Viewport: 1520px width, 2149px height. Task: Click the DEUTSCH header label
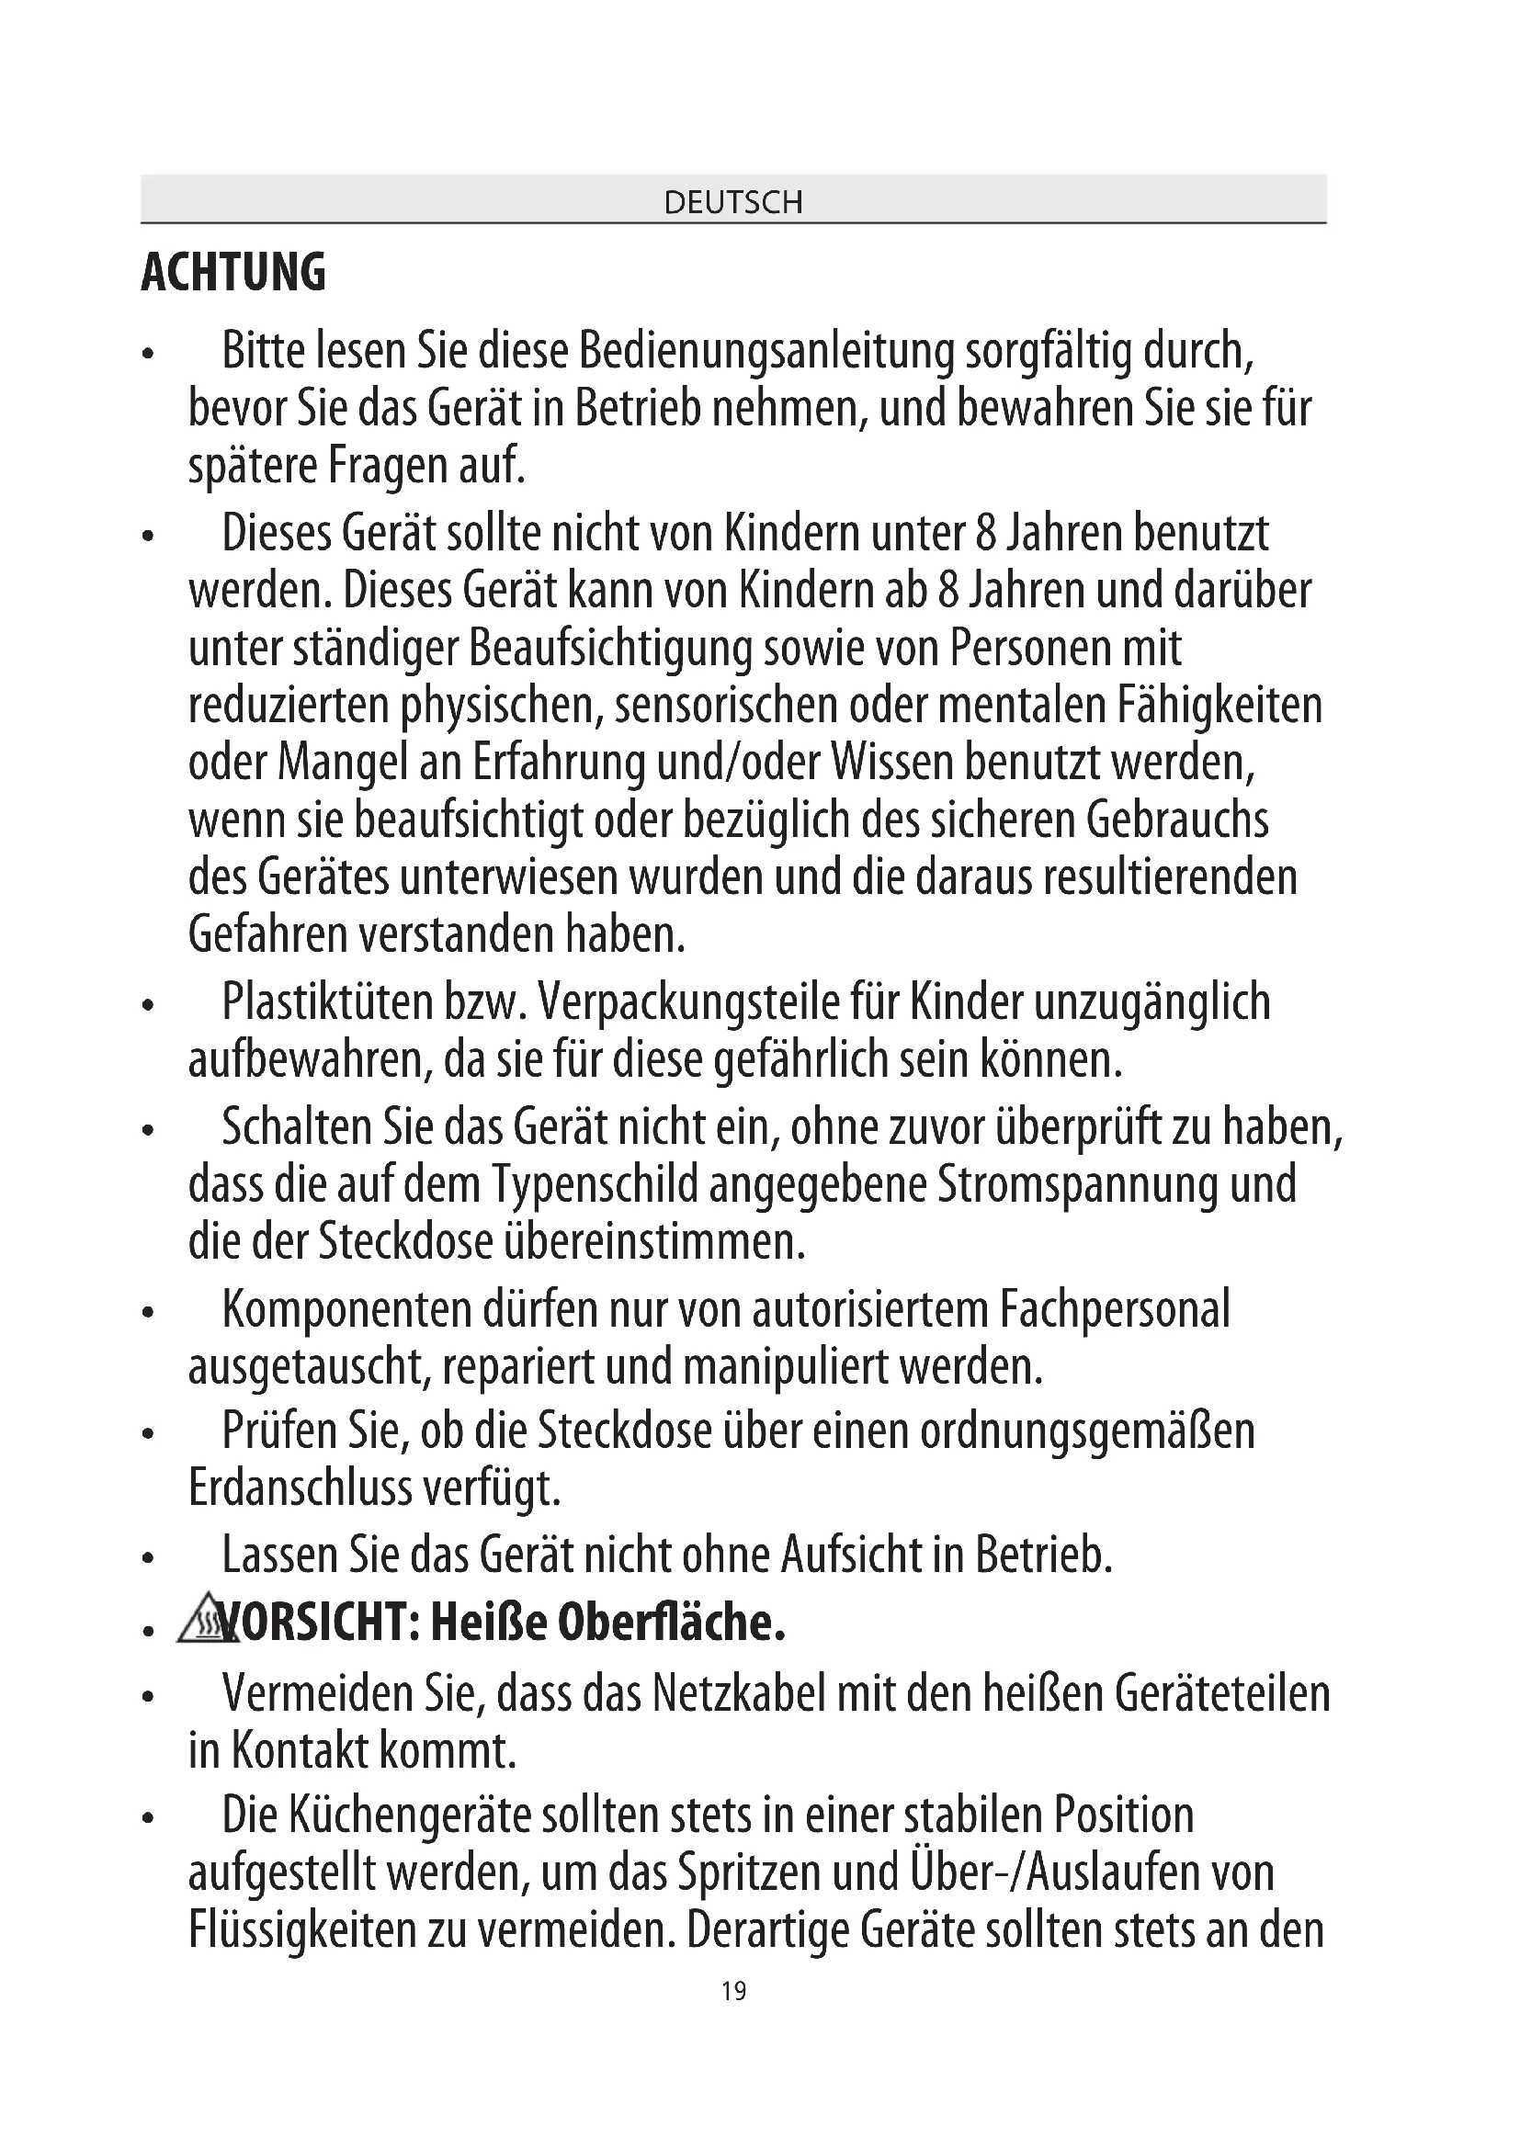pyautogui.click(x=732, y=202)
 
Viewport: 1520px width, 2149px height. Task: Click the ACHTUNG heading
pyautogui.click(x=233, y=272)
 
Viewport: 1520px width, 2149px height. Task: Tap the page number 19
pyautogui.click(x=733, y=1991)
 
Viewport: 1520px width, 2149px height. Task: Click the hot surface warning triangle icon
pyautogui.click(x=199, y=1620)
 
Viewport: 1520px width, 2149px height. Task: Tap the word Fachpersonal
pyautogui.click(x=1115, y=1308)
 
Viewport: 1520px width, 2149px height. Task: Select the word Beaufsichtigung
pyautogui.click(x=610, y=649)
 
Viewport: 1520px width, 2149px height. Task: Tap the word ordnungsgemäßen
pyautogui.click(x=1086, y=1431)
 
